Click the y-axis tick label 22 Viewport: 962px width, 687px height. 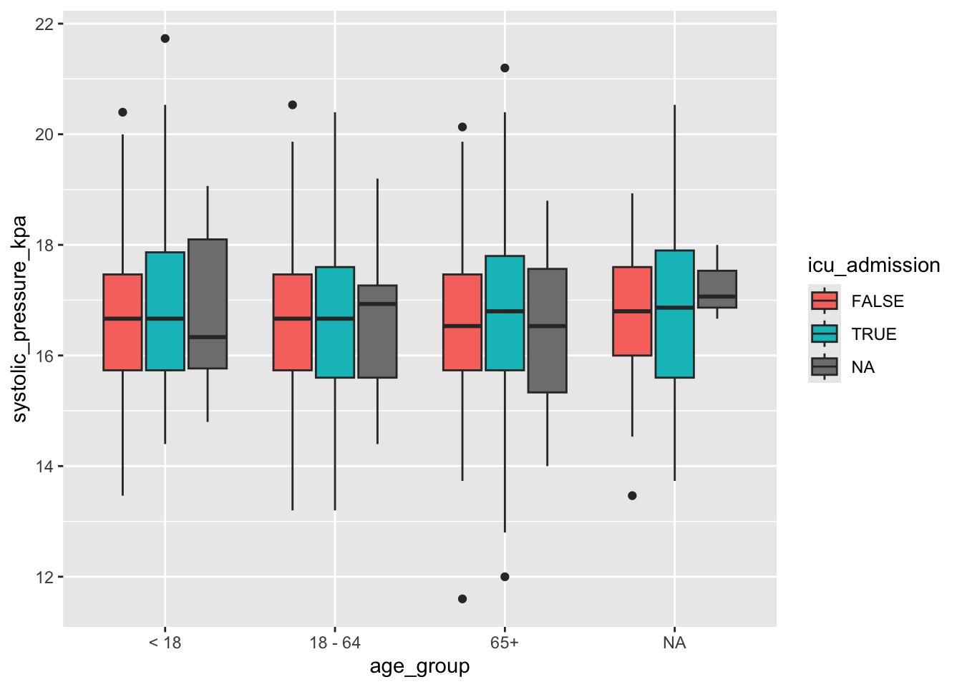[44, 24]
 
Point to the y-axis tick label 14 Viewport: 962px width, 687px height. [44, 467]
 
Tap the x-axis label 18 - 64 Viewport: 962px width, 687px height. [335, 643]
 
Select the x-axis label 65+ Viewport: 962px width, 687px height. [505, 643]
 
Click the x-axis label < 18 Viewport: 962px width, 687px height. [165, 643]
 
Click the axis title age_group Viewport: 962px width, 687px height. [419, 667]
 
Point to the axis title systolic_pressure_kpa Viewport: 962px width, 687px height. [20, 319]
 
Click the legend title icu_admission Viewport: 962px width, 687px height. [873, 265]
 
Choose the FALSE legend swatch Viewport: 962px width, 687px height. [825, 301]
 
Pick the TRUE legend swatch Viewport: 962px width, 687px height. [825, 333]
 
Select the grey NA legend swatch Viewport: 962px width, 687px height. [825, 366]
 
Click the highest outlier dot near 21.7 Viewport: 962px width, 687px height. [165, 39]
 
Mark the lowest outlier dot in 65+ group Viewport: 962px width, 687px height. [462, 599]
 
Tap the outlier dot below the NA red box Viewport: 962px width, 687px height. [632, 496]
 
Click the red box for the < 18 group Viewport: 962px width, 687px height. [122, 322]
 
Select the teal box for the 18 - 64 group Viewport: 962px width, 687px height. [335, 322]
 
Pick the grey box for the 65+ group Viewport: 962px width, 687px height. [548, 331]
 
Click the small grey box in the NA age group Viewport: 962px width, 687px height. [717, 289]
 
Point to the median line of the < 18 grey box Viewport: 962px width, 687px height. [208, 336]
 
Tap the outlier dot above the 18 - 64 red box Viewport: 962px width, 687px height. [293, 105]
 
